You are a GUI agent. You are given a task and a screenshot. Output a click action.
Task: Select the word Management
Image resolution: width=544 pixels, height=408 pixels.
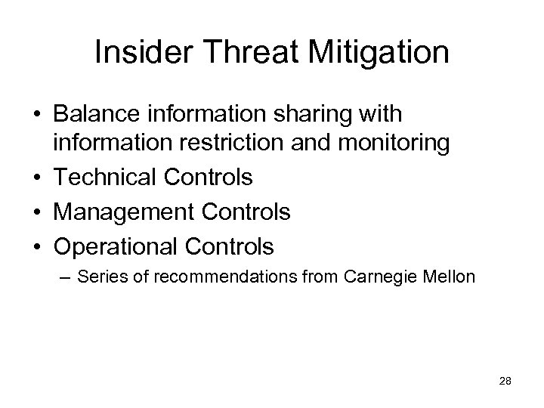coord(124,212)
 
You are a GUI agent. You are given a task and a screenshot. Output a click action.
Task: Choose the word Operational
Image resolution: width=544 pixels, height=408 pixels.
coord(116,246)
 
